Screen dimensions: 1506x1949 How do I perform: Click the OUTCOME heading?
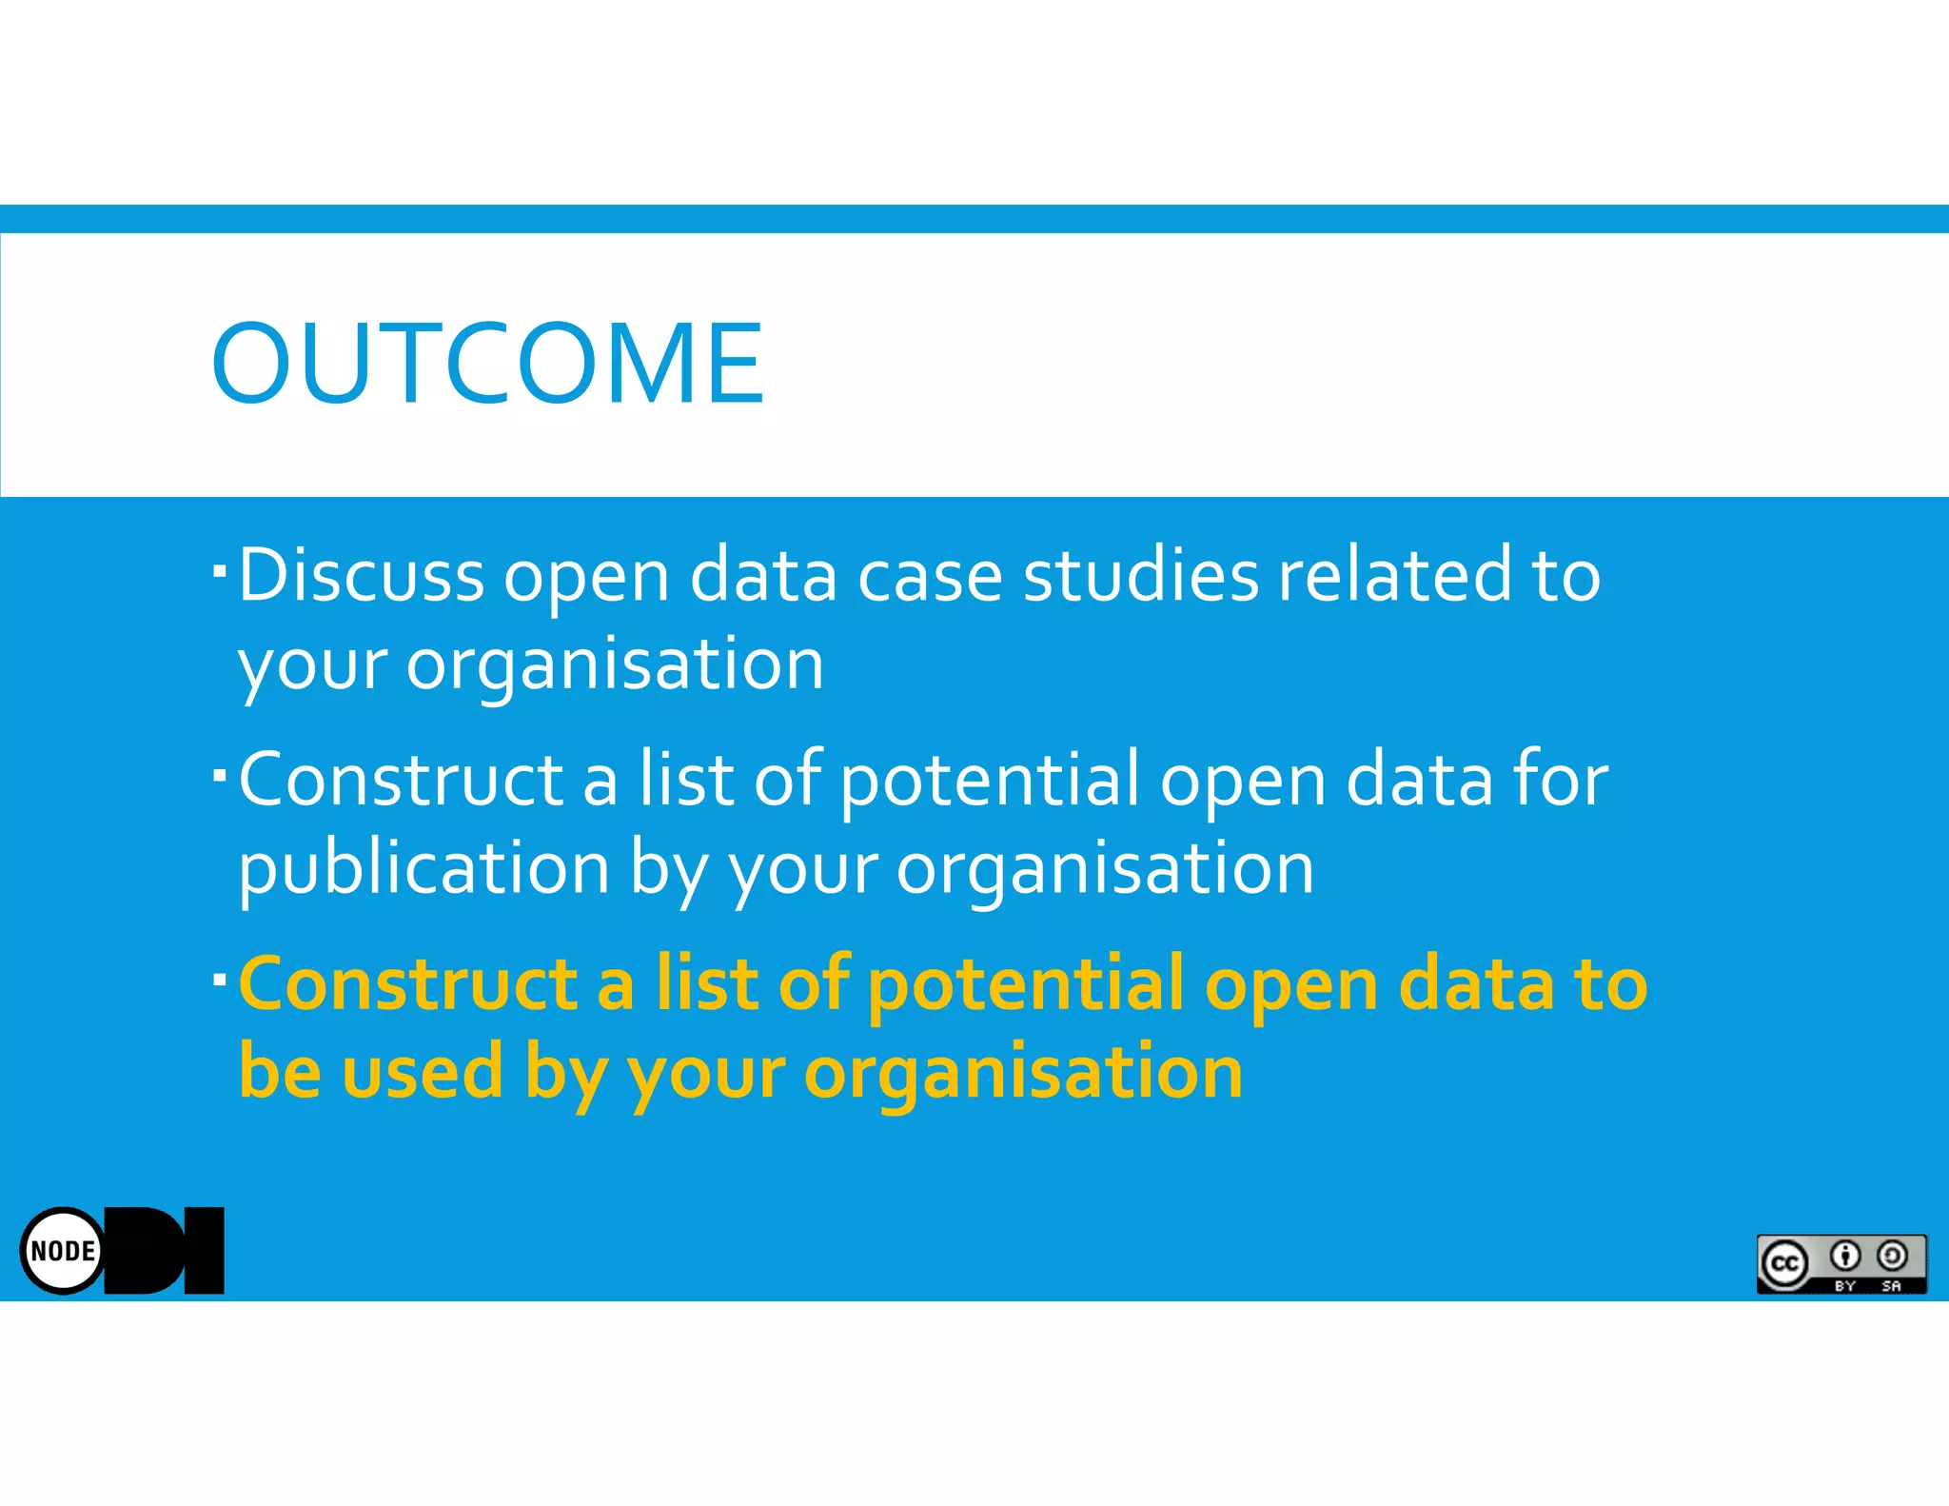(487, 364)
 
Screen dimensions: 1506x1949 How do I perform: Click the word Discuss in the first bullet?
(362, 575)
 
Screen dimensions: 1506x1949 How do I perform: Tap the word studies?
(1140, 575)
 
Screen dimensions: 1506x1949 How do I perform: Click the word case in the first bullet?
(930, 577)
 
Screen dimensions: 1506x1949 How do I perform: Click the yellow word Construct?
(407, 983)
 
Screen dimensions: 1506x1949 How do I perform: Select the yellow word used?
(422, 1071)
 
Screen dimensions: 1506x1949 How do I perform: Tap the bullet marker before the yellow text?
(220, 979)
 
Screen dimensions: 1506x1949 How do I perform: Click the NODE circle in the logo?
(63, 1250)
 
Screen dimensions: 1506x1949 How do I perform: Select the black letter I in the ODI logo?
(204, 1250)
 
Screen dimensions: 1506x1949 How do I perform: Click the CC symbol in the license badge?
(1784, 1263)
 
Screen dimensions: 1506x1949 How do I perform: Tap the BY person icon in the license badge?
(1845, 1257)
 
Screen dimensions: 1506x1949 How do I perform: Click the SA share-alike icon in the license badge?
(1892, 1257)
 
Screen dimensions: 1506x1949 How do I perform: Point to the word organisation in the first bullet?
(615, 664)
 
